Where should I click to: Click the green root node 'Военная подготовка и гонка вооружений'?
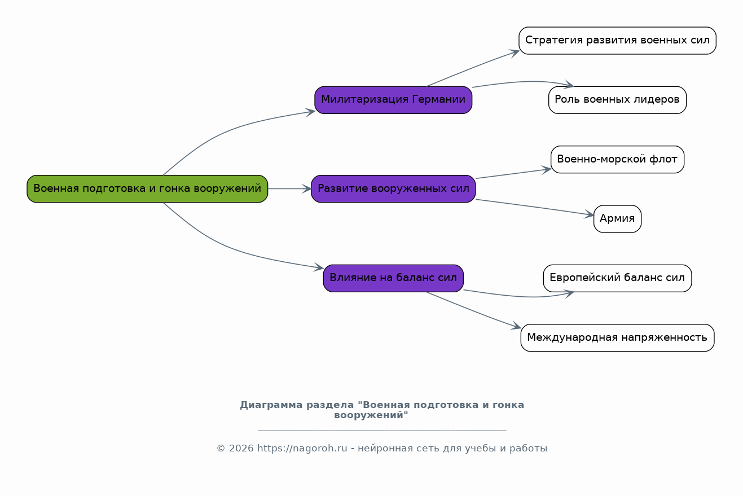click(x=147, y=188)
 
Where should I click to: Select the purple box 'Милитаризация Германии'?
click(x=393, y=100)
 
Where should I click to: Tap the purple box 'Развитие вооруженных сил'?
click(x=393, y=188)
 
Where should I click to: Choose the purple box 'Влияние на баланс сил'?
click(x=393, y=278)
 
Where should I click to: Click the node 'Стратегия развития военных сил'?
click(x=617, y=41)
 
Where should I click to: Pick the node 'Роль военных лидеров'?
click(x=617, y=100)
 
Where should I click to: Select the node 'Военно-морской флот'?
click(x=617, y=159)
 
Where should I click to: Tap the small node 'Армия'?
click(x=617, y=219)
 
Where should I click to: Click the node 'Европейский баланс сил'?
click(x=617, y=278)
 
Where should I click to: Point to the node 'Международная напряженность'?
click(x=617, y=338)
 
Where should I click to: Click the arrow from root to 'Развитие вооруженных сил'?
click(x=289, y=188)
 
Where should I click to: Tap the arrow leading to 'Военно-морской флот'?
click(x=513, y=174)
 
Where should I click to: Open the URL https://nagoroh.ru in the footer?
click(x=302, y=449)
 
